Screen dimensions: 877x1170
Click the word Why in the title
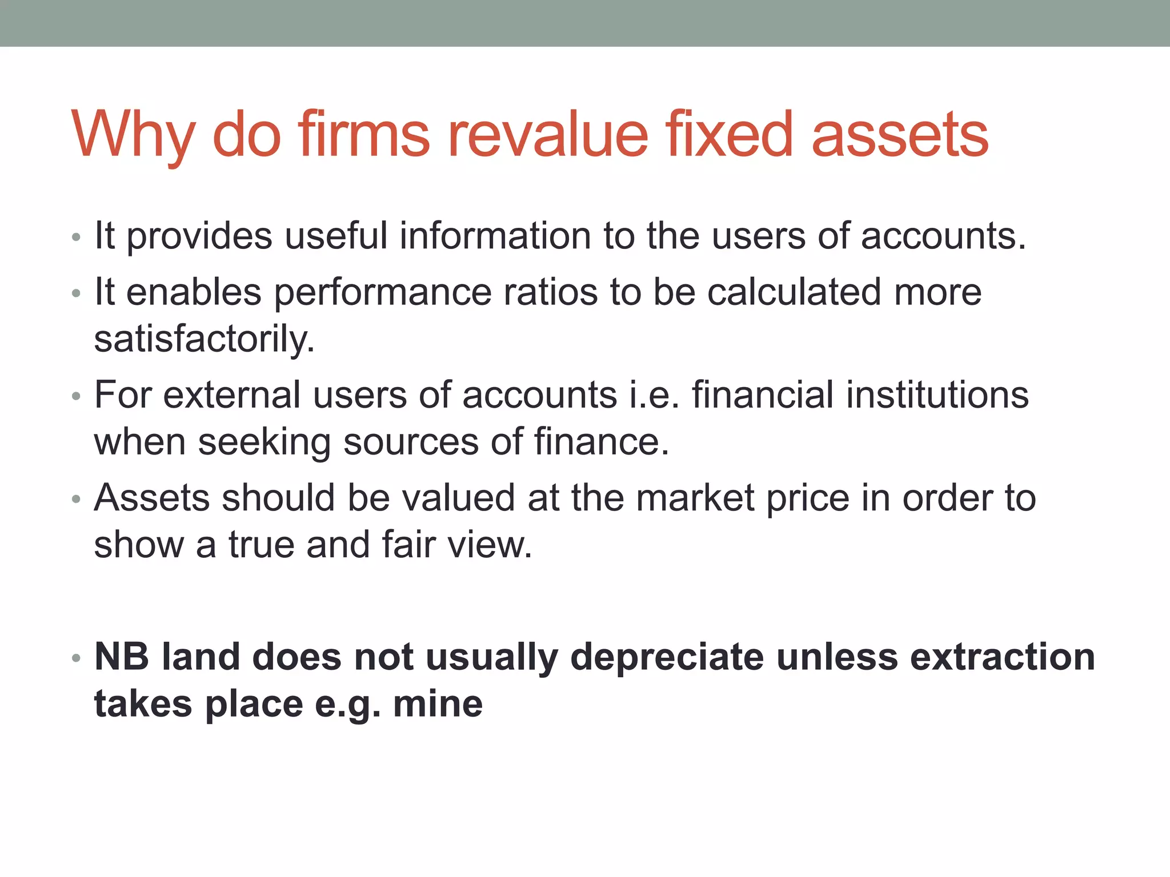tap(132, 135)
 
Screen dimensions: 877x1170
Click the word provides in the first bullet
tap(199, 236)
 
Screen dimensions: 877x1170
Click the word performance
tap(382, 293)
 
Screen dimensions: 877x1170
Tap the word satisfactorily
tap(204, 339)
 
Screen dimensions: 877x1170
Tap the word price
tap(807, 498)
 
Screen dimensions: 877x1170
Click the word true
tap(261, 545)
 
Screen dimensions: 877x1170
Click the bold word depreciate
tap(667, 658)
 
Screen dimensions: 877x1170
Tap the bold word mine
tap(438, 703)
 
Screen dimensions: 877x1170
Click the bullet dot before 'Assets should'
tap(77, 499)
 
